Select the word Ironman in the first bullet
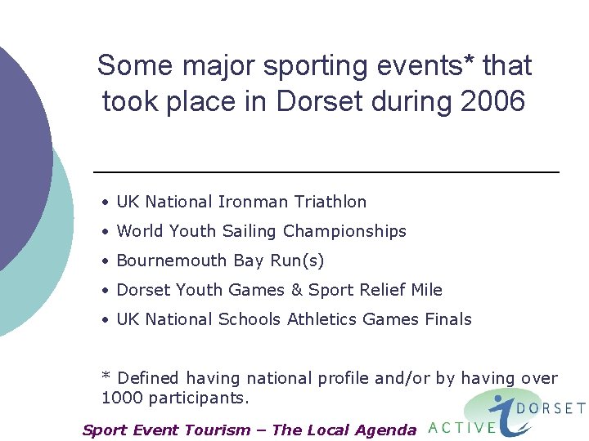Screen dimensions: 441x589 click(258, 202)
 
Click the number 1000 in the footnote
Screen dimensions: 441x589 click(120, 399)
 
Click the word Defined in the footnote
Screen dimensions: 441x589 click(150, 378)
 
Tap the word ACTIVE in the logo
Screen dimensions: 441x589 click(462, 426)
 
